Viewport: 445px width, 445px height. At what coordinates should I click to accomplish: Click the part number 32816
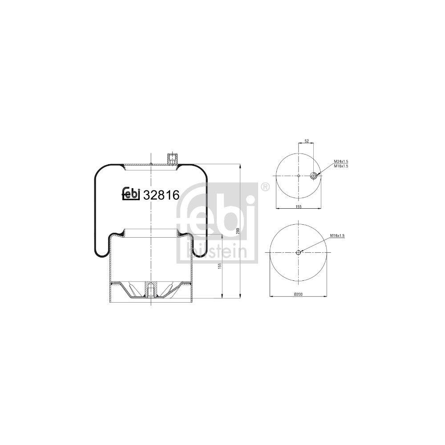click(160, 194)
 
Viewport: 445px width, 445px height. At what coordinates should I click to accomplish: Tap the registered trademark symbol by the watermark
click(265, 187)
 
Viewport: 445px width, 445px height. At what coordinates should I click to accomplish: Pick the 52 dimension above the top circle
click(307, 141)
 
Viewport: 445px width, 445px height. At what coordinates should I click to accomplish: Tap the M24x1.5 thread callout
click(341, 162)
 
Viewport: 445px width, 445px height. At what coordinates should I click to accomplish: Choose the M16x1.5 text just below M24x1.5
click(341, 166)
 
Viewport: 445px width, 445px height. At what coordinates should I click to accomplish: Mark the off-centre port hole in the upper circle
click(314, 175)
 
